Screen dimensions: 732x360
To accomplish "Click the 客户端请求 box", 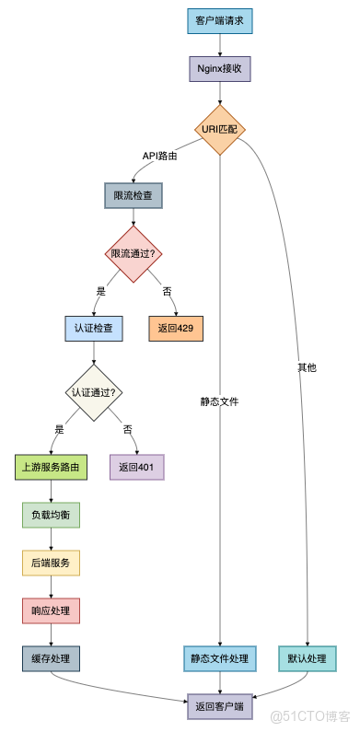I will (x=220, y=21).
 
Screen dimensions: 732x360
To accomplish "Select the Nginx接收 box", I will (x=220, y=69).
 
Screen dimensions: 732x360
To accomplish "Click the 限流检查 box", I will (x=134, y=195).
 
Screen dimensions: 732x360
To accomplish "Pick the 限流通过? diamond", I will (x=134, y=253).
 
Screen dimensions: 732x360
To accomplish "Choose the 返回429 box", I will (x=175, y=328).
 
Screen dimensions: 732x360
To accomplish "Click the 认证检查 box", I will (x=93, y=328).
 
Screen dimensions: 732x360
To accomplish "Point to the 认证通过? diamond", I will (x=93, y=391).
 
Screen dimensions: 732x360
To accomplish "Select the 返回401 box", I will (x=136, y=467).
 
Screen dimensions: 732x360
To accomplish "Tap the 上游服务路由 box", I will (x=51, y=467).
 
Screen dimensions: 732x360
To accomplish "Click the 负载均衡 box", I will (x=51, y=515).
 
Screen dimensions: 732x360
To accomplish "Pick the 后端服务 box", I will (x=51, y=563).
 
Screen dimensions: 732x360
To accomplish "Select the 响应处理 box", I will (x=51, y=610).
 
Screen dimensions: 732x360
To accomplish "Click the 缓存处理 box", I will (x=51, y=658).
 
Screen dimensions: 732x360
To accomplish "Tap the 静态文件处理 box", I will (x=220, y=658).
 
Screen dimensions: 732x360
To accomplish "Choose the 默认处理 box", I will (x=307, y=658).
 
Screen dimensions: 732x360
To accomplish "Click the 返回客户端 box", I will (x=220, y=706).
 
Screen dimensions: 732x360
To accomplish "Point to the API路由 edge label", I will (x=158, y=157).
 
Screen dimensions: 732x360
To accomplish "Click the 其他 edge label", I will (x=307, y=367).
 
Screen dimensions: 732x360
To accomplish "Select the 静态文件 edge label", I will (x=220, y=401).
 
